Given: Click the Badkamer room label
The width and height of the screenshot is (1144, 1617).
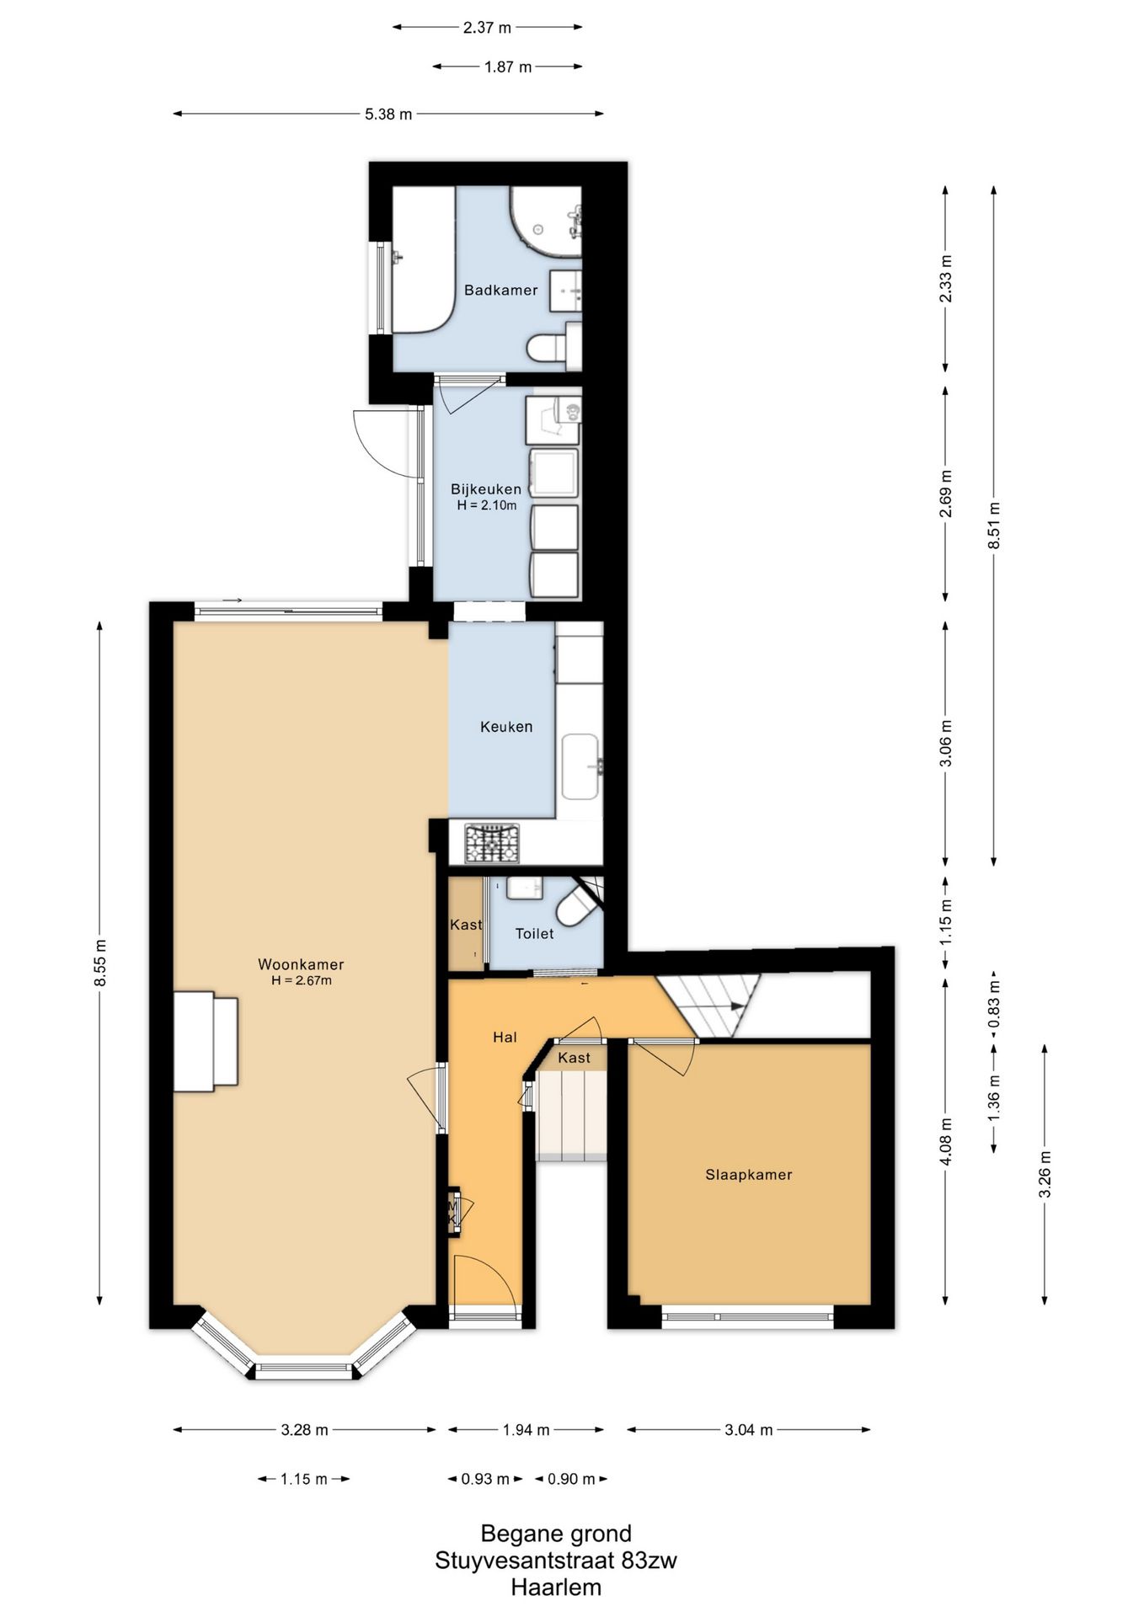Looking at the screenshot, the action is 500,290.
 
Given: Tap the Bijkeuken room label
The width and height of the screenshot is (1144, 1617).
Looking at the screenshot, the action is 486,489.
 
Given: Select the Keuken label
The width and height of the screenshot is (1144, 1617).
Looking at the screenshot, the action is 506,727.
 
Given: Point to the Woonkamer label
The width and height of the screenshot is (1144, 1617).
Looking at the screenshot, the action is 301,965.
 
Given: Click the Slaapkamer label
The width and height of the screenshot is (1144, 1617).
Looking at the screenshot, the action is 749,1175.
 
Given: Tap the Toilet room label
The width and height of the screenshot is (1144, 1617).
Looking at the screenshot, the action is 535,933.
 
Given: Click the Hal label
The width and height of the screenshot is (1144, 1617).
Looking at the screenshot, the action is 505,1038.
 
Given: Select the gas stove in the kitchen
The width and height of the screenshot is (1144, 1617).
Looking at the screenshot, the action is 493,843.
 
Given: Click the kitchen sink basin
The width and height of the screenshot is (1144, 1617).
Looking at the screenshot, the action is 580,766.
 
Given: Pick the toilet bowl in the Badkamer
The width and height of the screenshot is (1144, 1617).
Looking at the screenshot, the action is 548,348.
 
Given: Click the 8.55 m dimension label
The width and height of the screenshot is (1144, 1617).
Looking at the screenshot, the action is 99,963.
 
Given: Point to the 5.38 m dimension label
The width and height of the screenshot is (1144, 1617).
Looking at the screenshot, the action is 388,114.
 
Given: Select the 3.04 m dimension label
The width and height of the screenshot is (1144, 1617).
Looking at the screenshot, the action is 749,1429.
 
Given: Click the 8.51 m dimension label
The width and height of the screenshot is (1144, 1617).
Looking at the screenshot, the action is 994,526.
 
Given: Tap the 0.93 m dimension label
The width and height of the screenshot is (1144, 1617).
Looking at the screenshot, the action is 485,1479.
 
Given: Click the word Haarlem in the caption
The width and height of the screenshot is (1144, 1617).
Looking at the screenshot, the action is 556,1588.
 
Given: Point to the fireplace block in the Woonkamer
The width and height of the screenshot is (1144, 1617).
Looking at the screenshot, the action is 206,1042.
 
